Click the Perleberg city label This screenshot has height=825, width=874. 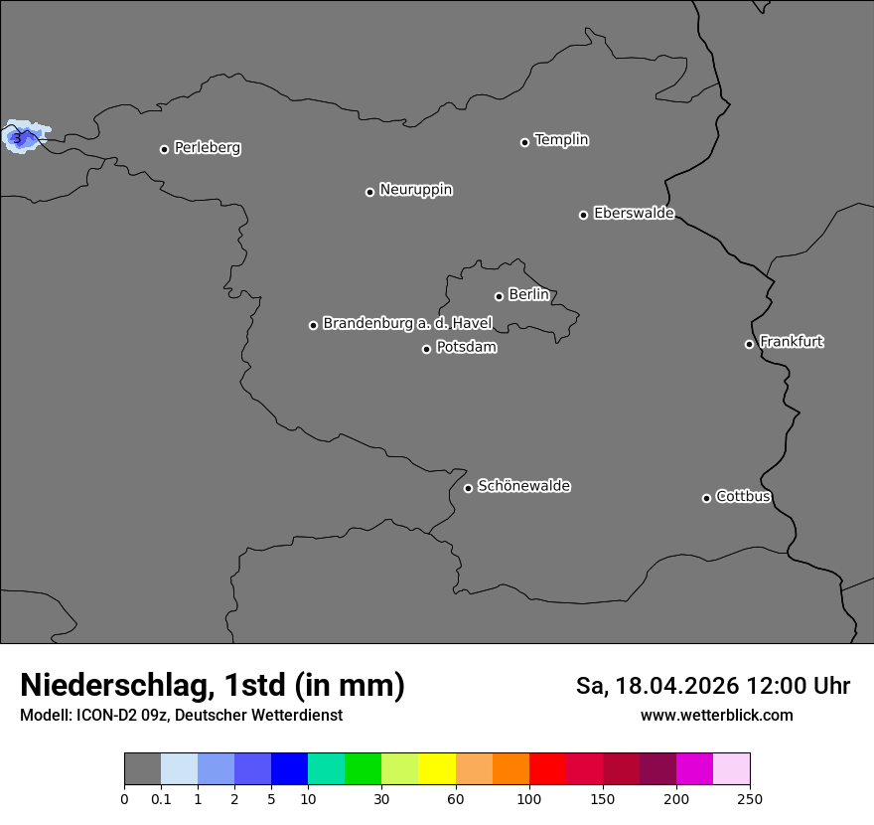tap(207, 148)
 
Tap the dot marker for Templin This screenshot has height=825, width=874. tap(524, 142)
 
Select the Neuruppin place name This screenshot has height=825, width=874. tap(415, 190)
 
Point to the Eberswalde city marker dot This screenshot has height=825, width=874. tap(583, 215)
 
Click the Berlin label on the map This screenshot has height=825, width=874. tap(528, 295)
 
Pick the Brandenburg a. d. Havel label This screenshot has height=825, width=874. tap(407, 324)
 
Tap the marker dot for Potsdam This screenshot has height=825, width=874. tap(426, 349)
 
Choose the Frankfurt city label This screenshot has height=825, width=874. tap(792, 342)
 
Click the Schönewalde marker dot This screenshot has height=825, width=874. tap(468, 488)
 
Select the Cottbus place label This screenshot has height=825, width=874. tap(743, 497)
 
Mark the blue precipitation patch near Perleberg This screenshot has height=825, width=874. tap(20, 137)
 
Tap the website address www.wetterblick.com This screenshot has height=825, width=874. tap(716, 716)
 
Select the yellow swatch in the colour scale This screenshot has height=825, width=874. tap(437, 769)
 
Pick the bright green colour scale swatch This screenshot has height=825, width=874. tap(364, 769)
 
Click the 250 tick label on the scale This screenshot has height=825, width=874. tap(750, 799)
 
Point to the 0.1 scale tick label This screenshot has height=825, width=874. tap(161, 799)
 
